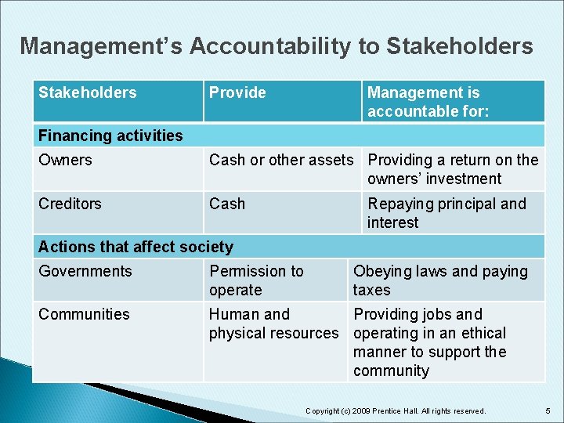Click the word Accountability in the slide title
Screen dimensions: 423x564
(x=270, y=46)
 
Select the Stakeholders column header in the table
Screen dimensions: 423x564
(x=87, y=92)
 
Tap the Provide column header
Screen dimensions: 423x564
(x=237, y=92)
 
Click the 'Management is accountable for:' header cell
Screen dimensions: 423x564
(x=428, y=102)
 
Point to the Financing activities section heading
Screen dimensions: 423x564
(x=110, y=136)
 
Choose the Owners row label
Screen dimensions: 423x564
(x=65, y=160)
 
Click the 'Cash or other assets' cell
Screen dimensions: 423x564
(x=281, y=160)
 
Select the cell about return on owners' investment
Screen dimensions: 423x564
(x=453, y=169)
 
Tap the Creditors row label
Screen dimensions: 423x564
(x=70, y=204)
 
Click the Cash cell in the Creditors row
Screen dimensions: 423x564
(x=227, y=204)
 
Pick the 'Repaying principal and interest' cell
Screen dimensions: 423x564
(x=446, y=213)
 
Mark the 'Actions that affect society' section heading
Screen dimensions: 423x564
(x=136, y=247)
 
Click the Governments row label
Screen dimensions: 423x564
(x=85, y=271)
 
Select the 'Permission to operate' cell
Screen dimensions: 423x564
(x=256, y=280)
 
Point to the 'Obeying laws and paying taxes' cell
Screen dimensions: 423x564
(x=440, y=280)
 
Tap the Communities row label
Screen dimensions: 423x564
(x=84, y=314)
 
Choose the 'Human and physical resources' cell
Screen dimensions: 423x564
(x=273, y=324)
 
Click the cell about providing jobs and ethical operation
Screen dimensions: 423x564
(x=430, y=342)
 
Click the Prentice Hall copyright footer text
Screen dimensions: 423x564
(x=396, y=410)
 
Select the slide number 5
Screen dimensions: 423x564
(x=548, y=410)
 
